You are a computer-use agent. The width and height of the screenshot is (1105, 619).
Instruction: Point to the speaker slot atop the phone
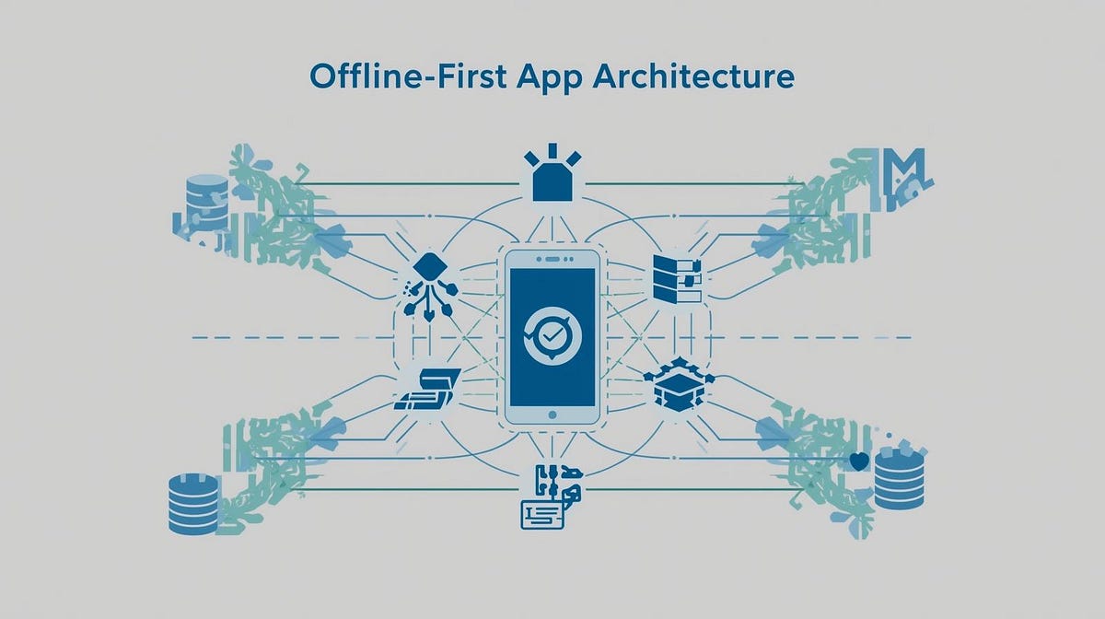[x=552, y=256]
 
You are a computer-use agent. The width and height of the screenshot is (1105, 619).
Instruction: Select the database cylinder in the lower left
[x=194, y=504]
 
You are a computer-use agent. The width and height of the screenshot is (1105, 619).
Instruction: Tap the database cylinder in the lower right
[x=899, y=478]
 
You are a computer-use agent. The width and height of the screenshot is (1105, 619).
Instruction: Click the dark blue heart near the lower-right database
[x=860, y=461]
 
